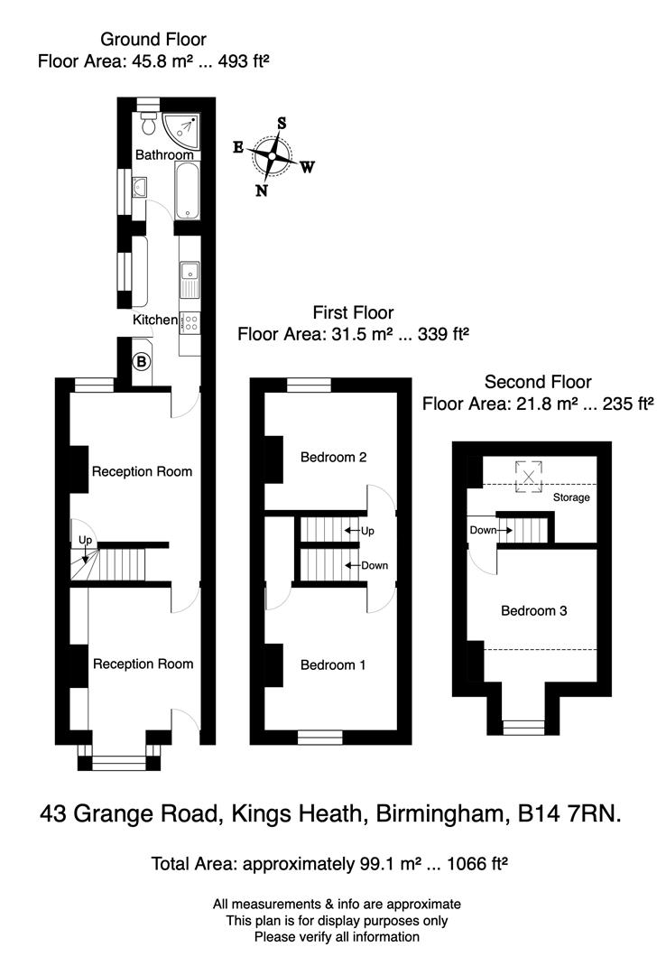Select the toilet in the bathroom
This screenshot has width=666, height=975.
coord(147,126)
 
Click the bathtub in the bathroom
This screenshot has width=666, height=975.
coord(187,191)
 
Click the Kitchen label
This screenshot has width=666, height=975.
coord(155,320)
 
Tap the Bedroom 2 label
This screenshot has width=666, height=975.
coord(333,457)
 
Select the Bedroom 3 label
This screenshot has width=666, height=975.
coord(533,610)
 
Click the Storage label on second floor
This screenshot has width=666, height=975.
coord(571,497)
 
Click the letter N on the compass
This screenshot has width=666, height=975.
coord(261,190)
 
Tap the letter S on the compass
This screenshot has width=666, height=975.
coord(282,123)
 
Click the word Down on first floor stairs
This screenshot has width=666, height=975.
coord(374,566)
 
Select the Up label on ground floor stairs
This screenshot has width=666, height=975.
coord(86,540)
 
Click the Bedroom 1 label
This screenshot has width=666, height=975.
coord(333,665)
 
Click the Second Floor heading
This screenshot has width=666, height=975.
coord(538,382)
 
